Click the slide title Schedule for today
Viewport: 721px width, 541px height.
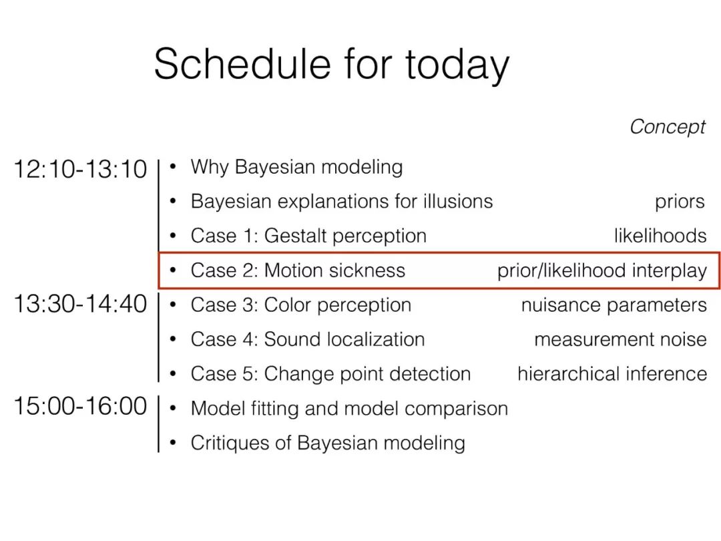tap(332, 65)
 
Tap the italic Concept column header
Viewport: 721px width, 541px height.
tap(667, 127)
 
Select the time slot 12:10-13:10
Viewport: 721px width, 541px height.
tap(81, 169)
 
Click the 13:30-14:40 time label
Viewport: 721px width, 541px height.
tap(81, 304)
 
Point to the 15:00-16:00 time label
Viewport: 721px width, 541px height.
tap(81, 406)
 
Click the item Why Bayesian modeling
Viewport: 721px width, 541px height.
tap(296, 167)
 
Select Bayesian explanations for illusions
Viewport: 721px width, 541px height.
tap(342, 202)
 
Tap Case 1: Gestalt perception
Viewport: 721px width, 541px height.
tap(308, 236)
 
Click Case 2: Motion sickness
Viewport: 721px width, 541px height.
tap(298, 270)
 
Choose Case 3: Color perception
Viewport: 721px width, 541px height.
tap(300, 305)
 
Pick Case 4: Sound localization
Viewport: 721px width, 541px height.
tap(308, 339)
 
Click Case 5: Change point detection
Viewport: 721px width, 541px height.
tap(330, 374)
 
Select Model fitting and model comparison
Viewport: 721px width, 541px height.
tap(349, 409)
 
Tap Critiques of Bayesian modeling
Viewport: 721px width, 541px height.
tap(328, 443)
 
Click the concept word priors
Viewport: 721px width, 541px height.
tap(680, 202)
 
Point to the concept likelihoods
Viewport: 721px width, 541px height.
tap(660, 236)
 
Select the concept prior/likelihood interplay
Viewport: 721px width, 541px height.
tap(602, 270)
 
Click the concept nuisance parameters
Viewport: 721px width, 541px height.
tap(614, 305)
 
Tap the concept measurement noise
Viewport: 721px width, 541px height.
tap(620, 339)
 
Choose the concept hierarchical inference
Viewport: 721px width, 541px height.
tap(612, 373)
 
